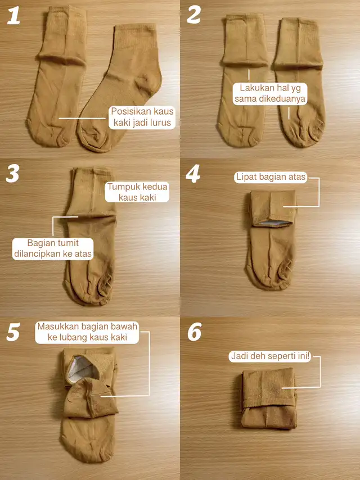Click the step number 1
(x=13, y=16)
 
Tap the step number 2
(x=194, y=15)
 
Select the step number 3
(x=12, y=173)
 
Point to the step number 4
(x=193, y=174)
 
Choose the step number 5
(x=13, y=332)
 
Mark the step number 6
(x=195, y=332)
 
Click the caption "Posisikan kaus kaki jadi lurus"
(x=142, y=117)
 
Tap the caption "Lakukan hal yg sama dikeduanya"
(x=270, y=94)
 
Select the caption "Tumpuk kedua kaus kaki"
(x=137, y=192)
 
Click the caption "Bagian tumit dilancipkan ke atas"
(x=53, y=248)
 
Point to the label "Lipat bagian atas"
(x=271, y=177)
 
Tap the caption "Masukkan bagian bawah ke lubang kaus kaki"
(x=87, y=332)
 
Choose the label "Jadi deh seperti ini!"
(x=271, y=356)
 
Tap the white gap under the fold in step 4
(x=273, y=223)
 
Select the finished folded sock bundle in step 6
(x=268, y=398)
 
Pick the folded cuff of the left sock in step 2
(x=245, y=40)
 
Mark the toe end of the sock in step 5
(x=87, y=447)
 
